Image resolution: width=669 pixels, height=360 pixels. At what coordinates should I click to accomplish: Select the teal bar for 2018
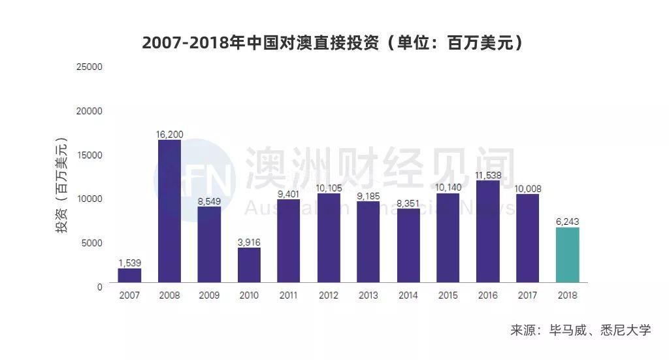pyautogui.click(x=567, y=255)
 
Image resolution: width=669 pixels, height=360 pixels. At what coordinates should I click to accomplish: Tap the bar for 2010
pyautogui.click(x=249, y=265)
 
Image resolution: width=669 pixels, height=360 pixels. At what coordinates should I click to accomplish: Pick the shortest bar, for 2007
pyautogui.click(x=129, y=275)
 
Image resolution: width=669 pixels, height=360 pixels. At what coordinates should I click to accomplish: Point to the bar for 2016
pyautogui.click(x=487, y=231)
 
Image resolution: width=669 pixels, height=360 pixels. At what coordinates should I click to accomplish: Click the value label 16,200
pyautogui.click(x=169, y=135)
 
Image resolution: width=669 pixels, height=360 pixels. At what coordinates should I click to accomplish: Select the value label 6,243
pyautogui.click(x=567, y=221)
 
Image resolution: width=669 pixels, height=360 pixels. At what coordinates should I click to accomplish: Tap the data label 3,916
pyautogui.click(x=249, y=242)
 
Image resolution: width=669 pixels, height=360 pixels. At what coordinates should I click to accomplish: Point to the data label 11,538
pyautogui.click(x=487, y=175)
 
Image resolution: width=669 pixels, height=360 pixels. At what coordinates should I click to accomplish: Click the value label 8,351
pyautogui.click(x=408, y=203)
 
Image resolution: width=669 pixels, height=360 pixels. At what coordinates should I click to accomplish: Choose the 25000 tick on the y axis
pyautogui.click(x=90, y=67)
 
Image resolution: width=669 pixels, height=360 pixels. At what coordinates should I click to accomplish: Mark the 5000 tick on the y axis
pyautogui.click(x=92, y=242)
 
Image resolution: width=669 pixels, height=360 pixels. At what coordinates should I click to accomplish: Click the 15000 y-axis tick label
pyautogui.click(x=90, y=155)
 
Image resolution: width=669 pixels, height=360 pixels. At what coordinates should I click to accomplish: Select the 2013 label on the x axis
pyautogui.click(x=368, y=295)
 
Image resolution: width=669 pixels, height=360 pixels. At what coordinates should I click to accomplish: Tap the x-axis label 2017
pyautogui.click(x=527, y=295)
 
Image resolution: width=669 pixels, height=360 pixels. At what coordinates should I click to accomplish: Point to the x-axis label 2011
pyautogui.click(x=289, y=295)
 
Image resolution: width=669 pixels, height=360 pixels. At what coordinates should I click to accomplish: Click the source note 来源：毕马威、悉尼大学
pyautogui.click(x=580, y=330)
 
